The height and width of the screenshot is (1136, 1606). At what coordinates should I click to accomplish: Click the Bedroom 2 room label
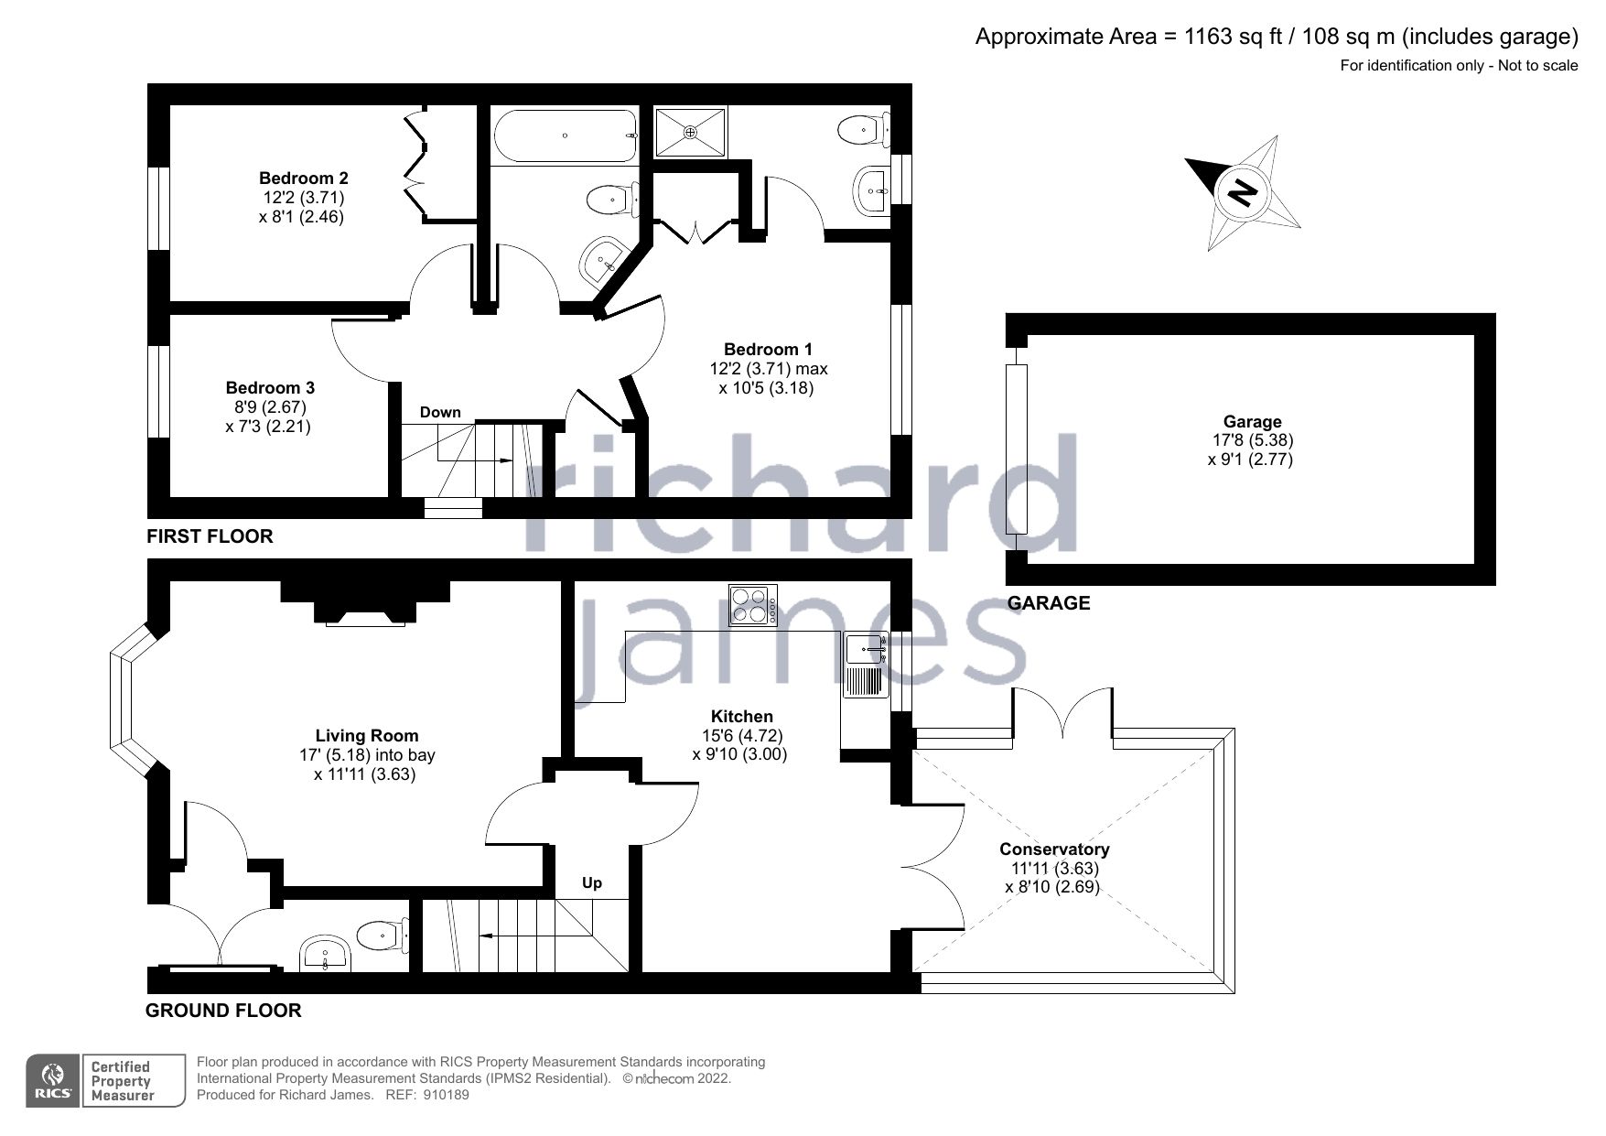coord(303,178)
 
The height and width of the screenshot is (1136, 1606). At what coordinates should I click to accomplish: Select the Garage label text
coord(1252,422)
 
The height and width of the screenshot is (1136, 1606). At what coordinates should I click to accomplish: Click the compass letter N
coord(1242,192)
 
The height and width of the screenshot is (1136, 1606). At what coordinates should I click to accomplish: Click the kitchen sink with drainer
coord(865,665)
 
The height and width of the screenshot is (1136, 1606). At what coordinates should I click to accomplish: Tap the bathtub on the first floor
coord(566,136)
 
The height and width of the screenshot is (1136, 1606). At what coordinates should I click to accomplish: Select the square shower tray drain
coord(691,133)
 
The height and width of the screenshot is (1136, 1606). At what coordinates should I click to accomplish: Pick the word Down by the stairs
coord(440,413)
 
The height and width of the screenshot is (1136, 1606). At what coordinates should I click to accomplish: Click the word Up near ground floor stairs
coord(592,883)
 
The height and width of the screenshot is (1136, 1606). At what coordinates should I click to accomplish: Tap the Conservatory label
coord(1054,849)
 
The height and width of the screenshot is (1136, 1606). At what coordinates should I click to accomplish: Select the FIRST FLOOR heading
coord(210,536)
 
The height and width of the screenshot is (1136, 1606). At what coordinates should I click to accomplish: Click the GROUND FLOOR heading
coord(223,1011)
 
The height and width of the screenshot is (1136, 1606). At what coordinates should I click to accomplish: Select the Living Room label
coord(367,735)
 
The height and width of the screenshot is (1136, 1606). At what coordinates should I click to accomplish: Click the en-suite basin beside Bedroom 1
coord(870,190)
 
